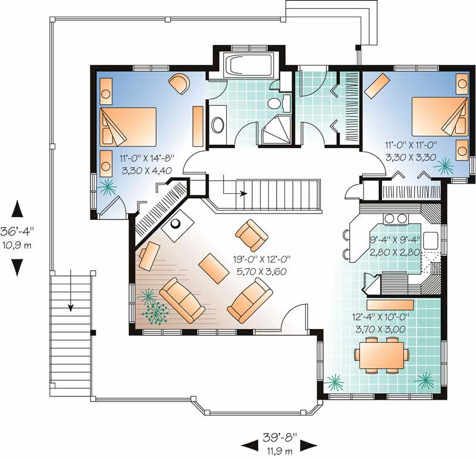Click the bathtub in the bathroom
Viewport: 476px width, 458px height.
coord(246,65)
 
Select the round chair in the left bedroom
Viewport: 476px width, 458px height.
coord(179,84)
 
